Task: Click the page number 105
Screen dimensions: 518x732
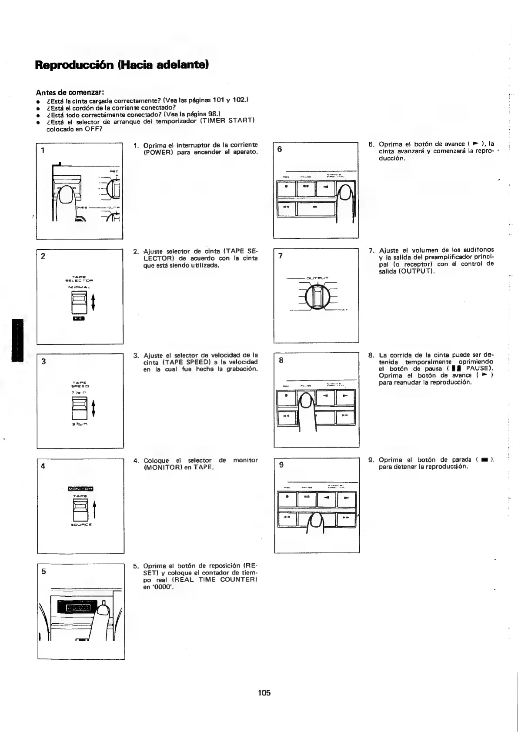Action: point(264,693)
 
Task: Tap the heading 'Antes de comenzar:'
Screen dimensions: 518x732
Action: point(70,92)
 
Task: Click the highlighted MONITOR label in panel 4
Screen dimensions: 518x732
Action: point(81,488)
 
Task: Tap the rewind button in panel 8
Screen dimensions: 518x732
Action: point(286,417)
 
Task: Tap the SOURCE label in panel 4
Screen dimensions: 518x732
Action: point(80,525)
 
